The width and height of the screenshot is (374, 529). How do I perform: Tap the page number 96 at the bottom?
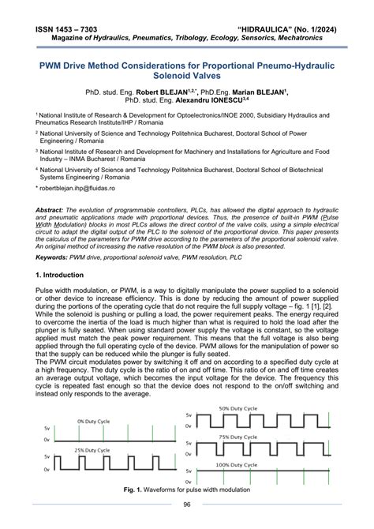(x=187, y=505)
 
